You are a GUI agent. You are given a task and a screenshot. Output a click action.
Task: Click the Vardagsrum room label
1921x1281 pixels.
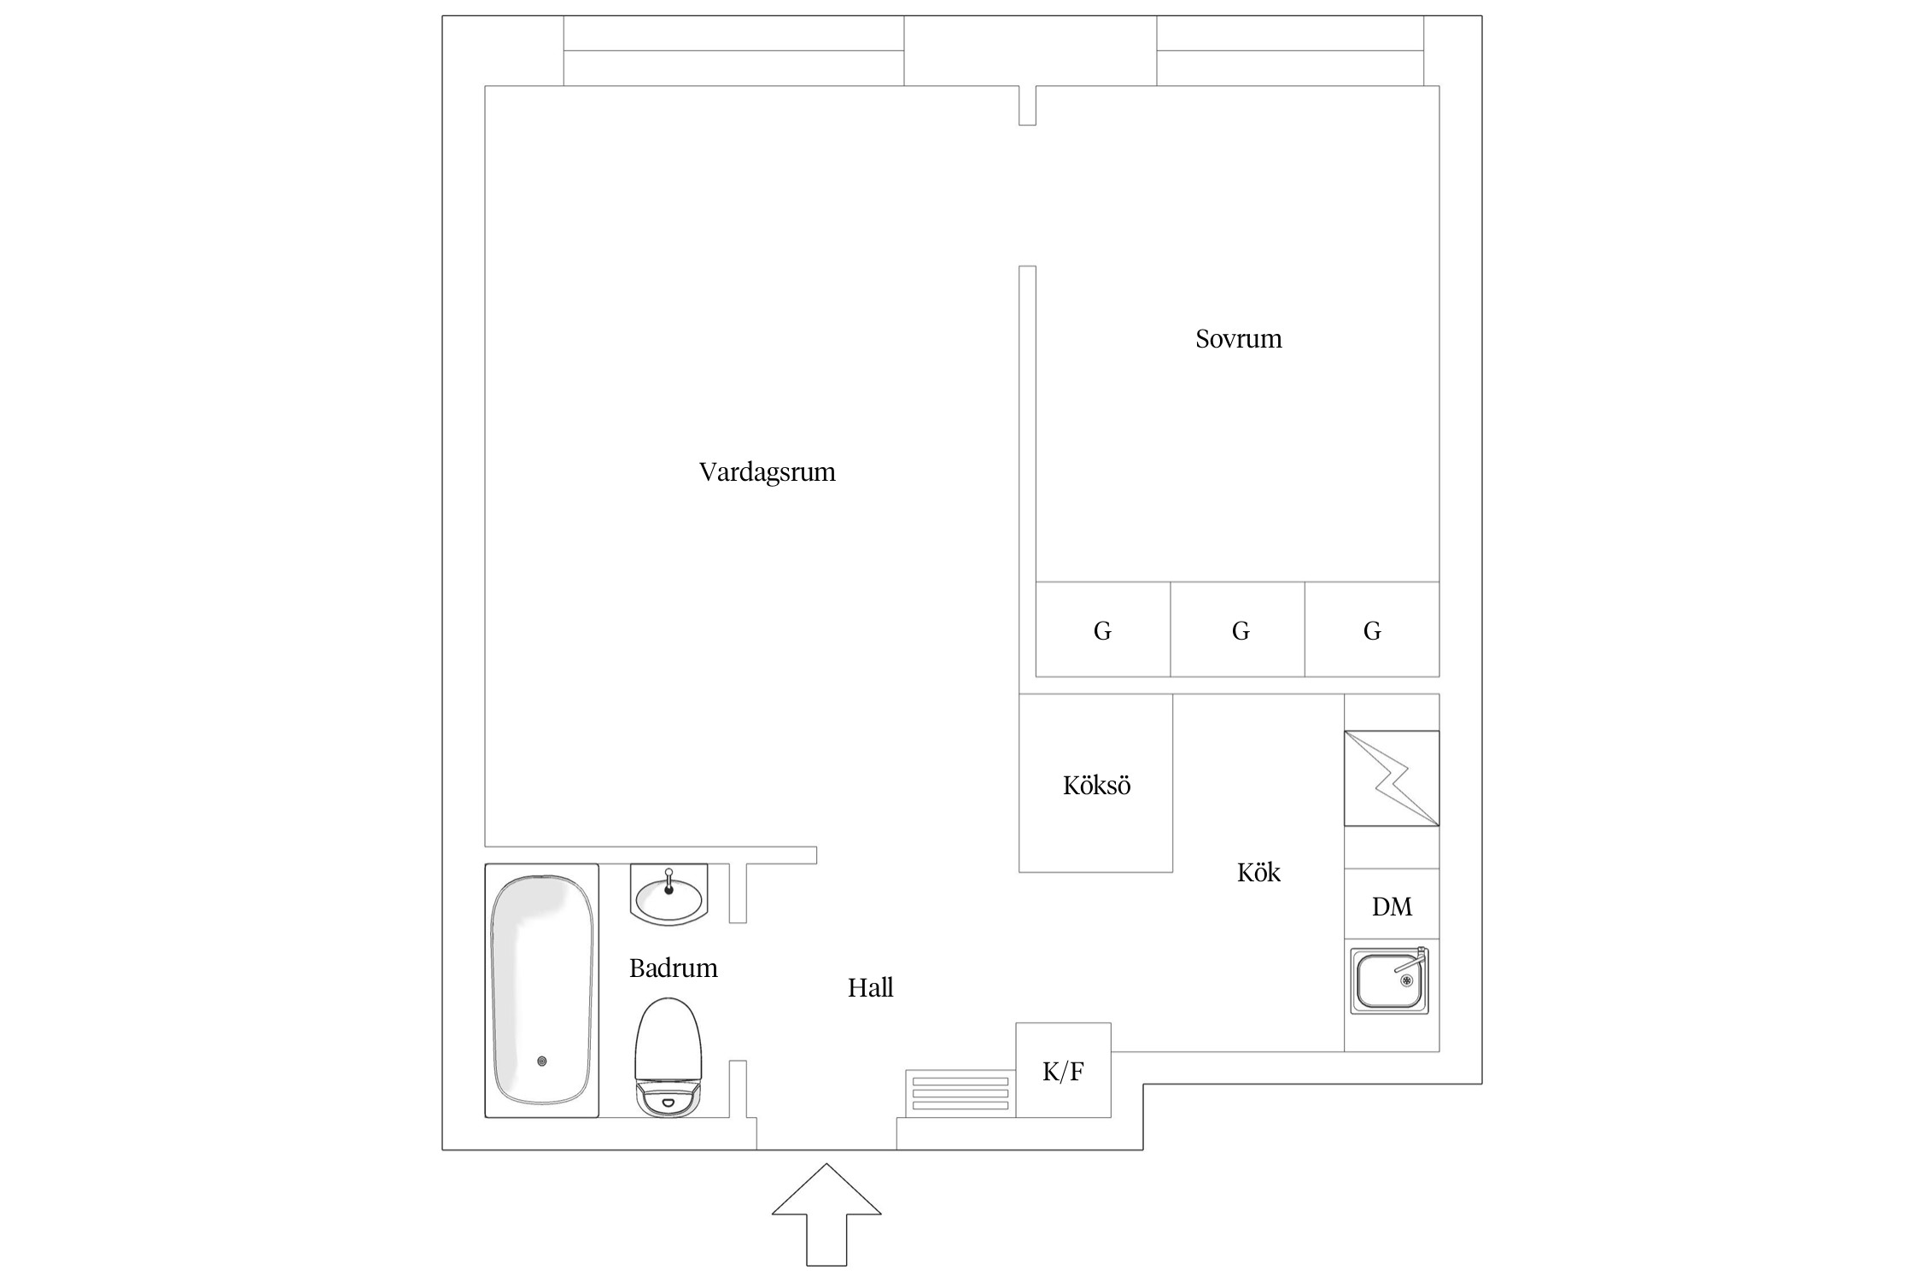[767, 472]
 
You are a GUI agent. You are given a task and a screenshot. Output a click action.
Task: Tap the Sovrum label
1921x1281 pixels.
[1238, 339]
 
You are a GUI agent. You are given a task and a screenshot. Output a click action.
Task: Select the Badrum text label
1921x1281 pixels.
[673, 968]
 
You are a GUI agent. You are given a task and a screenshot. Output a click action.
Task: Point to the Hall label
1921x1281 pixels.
[870, 988]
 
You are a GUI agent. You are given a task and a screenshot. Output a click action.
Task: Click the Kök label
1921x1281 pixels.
[1258, 872]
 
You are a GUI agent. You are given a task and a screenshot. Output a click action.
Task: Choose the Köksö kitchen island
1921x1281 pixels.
[1095, 783]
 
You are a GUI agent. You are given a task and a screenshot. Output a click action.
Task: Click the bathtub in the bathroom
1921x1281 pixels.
[542, 991]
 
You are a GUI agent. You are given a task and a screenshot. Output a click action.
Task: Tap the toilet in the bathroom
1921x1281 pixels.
[668, 1057]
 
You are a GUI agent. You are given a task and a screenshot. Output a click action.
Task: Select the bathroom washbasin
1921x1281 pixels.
[669, 894]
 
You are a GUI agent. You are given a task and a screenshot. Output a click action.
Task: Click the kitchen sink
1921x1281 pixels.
[1389, 980]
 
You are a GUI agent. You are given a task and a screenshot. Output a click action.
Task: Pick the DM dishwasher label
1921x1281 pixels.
[1392, 907]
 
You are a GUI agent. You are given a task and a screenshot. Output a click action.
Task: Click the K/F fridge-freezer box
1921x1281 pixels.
[1063, 1070]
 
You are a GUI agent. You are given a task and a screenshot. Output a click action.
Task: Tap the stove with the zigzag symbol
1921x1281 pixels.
[1392, 778]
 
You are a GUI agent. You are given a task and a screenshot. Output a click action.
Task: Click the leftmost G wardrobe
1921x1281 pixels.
[1102, 629]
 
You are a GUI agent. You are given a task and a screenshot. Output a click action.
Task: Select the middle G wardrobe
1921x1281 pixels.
[1237, 629]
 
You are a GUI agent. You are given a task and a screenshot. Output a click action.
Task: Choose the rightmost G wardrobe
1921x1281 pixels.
[1372, 629]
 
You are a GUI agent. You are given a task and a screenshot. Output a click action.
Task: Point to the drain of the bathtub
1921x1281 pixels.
[542, 1062]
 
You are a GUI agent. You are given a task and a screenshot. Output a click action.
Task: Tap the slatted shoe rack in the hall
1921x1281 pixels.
[960, 1093]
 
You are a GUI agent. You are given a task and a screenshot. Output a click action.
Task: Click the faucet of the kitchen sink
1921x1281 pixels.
[1411, 961]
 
